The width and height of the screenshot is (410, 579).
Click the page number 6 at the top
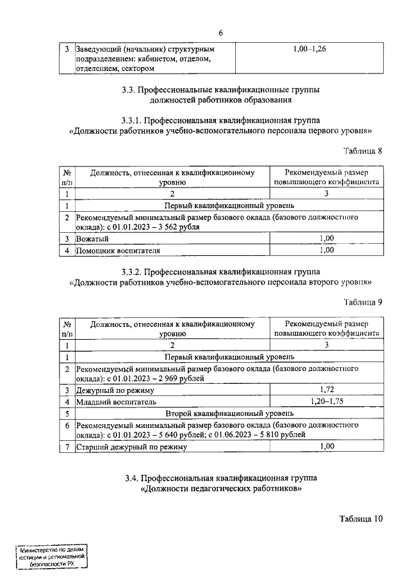(x=220, y=33)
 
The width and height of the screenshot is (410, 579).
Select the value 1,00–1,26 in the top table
(x=309, y=49)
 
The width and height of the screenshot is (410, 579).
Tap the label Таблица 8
(x=361, y=152)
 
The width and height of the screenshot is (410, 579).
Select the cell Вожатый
(x=92, y=239)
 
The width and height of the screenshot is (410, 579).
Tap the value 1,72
(x=327, y=390)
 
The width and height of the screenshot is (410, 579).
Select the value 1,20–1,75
(x=327, y=402)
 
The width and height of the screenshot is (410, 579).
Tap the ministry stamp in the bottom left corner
(x=52, y=557)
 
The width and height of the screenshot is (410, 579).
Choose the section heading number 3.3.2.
(x=133, y=272)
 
